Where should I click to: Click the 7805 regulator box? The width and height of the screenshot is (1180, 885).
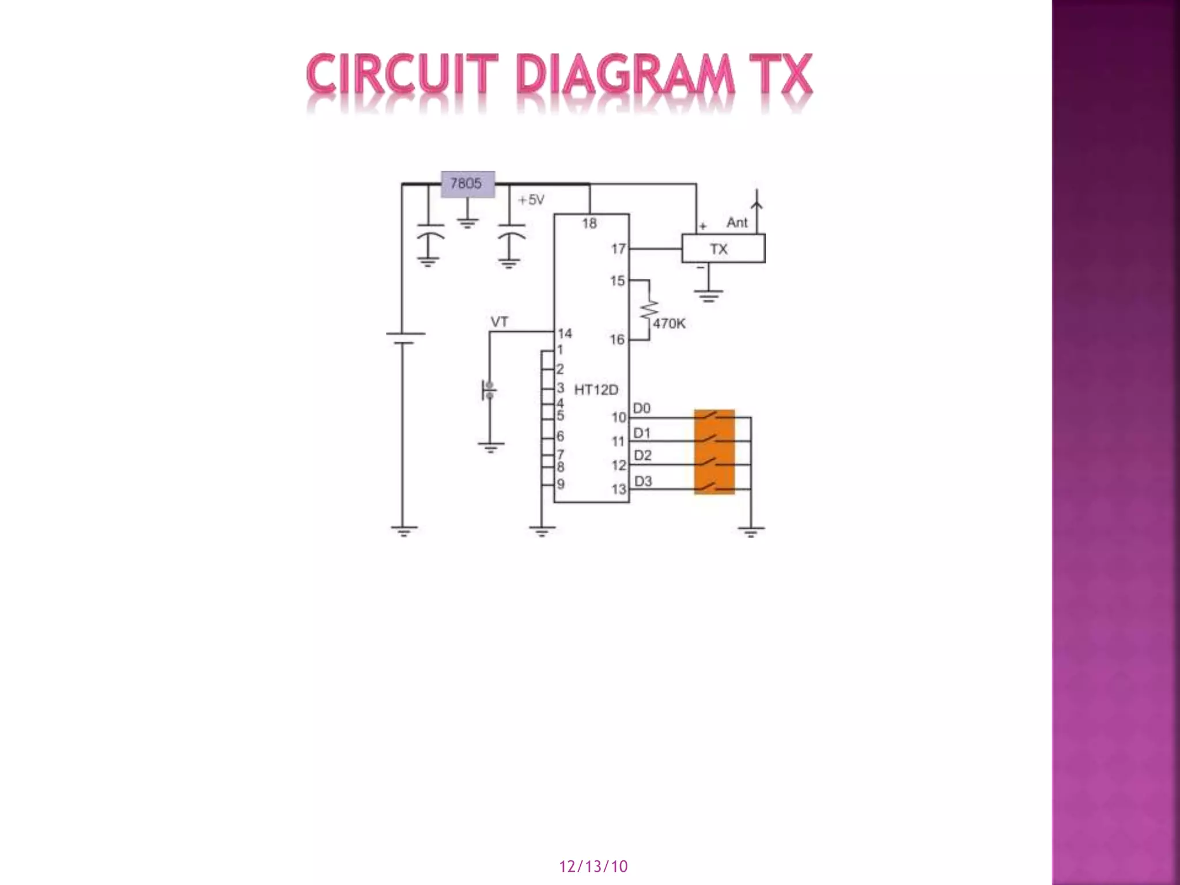pyautogui.click(x=467, y=184)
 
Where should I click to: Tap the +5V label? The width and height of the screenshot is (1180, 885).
pyautogui.click(x=531, y=200)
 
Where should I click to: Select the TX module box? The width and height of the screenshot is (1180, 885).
pyautogui.click(x=723, y=249)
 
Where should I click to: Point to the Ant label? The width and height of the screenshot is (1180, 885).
pyautogui.click(x=737, y=222)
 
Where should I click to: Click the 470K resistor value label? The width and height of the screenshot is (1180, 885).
pyautogui.click(x=669, y=324)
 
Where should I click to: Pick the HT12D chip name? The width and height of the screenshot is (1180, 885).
pyautogui.click(x=596, y=390)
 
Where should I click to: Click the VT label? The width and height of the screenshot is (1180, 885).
pyautogui.click(x=499, y=322)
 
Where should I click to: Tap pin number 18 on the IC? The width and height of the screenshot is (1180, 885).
pyautogui.click(x=589, y=224)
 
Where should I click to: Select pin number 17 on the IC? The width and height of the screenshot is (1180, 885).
pyautogui.click(x=618, y=249)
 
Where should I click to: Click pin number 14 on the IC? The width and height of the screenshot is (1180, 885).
pyautogui.click(x=565, y=334)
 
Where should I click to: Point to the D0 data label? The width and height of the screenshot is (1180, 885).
pyautogui.click(x=641, y=409)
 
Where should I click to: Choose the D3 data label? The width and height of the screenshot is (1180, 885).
pyautogui.click(x=642, y=481)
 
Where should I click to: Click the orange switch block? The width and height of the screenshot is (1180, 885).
pyautogui.click(x=714, y=452)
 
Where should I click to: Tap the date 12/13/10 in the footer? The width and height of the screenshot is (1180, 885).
pyautogui.click(x=593, y=867)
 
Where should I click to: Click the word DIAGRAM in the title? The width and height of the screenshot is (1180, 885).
pyautogui.click(x=625, y=75)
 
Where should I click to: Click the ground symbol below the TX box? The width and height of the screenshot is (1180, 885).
pyautogui.click(x=708, y=297)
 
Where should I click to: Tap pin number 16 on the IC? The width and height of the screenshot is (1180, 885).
pyautogui.click(x=617, y=340)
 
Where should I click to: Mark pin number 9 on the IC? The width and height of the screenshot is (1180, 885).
pyautogui.click(x=560, y=484)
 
